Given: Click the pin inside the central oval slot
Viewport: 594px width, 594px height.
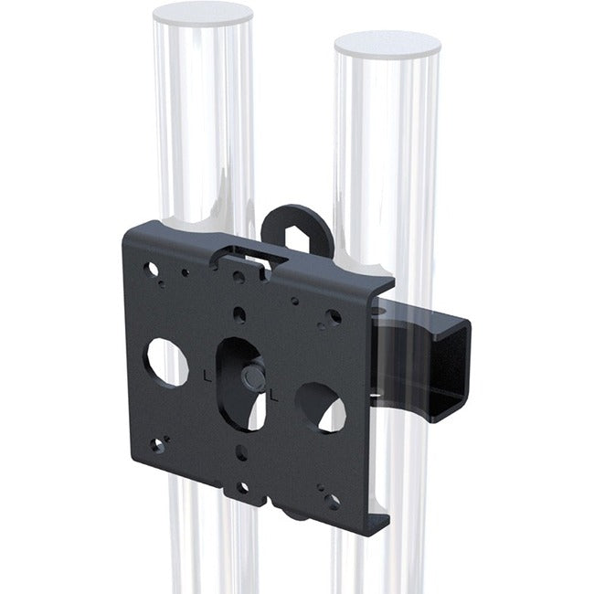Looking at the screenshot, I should coord(252,376).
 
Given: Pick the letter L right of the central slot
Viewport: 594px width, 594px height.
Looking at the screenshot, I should coord(275,396).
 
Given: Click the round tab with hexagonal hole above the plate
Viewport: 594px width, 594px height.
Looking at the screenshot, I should coord(295,228).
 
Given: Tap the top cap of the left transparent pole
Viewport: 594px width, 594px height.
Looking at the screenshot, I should coord(203,13).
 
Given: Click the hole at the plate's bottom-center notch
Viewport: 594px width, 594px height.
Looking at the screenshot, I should coord(243,488).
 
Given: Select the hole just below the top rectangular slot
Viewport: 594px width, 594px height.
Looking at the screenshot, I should coord(239,277).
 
